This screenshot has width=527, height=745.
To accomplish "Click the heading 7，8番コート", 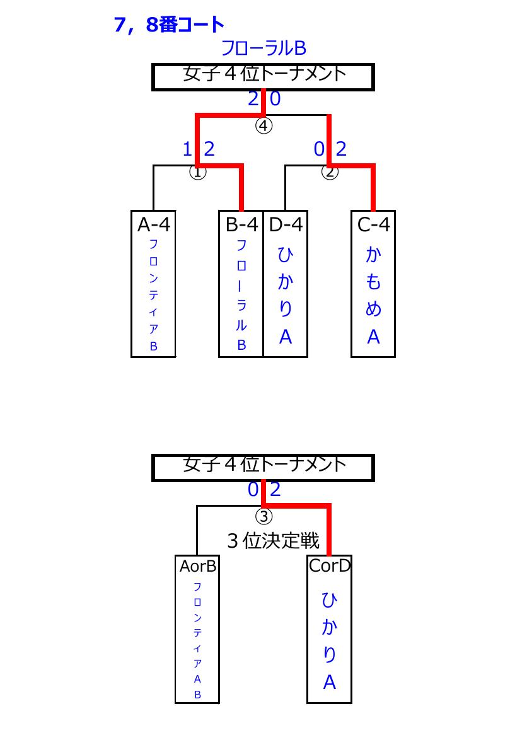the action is pyautogui.click(x=169, y=24).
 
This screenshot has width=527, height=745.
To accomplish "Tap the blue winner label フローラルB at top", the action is pyautogui.click(x=263, y=48).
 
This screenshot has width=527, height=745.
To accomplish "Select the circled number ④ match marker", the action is pyautogui.click(x=263, y=126).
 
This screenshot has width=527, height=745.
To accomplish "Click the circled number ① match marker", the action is pyautogui.click(x=198, y=171).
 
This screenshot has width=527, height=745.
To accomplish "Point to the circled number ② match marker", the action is pyautogui.click(x=330, y=171).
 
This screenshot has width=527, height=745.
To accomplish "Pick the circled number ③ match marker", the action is pyautogui.click(x=263, y=516).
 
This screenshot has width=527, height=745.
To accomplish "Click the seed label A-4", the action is pyautogui.click(x=153, y=224).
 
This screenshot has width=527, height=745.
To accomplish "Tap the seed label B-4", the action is pyautogui.click(x=241, y=224).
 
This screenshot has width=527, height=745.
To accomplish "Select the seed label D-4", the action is pyautogui.click(x=286, y=224).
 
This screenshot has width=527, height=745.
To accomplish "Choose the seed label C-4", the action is pyautogui.click(x=374, y=224).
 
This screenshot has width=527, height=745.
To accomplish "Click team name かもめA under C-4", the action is pyautogui.click(x=374, y=296).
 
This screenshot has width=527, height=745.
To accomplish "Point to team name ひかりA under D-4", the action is pyautogui.click(x=285, y=296).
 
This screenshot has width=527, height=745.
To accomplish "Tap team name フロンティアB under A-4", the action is pyautogui.click(x=153, y=295).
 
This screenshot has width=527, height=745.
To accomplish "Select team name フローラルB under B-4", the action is pyautogui.click(x=241, y=295).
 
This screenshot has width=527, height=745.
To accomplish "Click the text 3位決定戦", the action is pyautogui.click(x=273, y=541).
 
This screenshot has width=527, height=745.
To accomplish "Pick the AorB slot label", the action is pyautogui.click(x=198, y=566).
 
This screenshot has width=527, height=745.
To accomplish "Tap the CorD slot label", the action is pyautogui.click(x=330, y=565).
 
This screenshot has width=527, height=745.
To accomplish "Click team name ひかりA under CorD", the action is pyautogui.click(x=329, y=640).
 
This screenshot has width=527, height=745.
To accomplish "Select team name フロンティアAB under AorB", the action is pyautogui.click(x=197, y=640).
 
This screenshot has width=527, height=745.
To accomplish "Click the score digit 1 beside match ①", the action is pyautogui.click(x=188, y=149).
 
